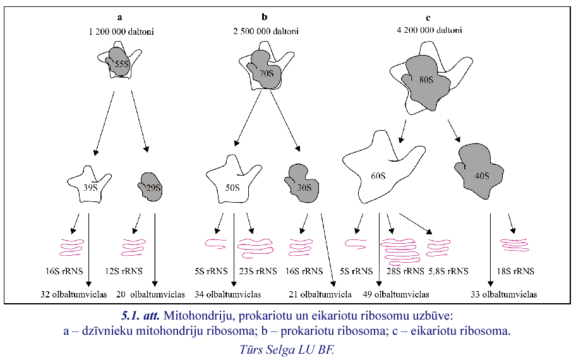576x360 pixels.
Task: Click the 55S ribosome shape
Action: click(x=119, y=64)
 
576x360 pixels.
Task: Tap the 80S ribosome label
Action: click(x=426, y=80)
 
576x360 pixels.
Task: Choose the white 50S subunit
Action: click(x=233, y=187)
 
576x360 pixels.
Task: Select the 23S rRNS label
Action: click(x=257, y=272)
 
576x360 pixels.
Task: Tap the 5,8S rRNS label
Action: click(x=448, y=272)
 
